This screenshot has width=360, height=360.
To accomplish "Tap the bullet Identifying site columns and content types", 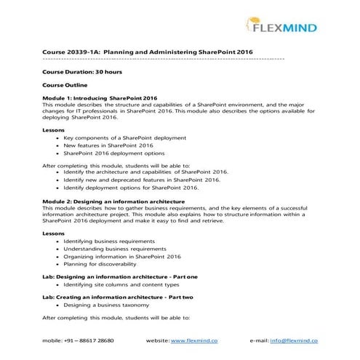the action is click(121, 286).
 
